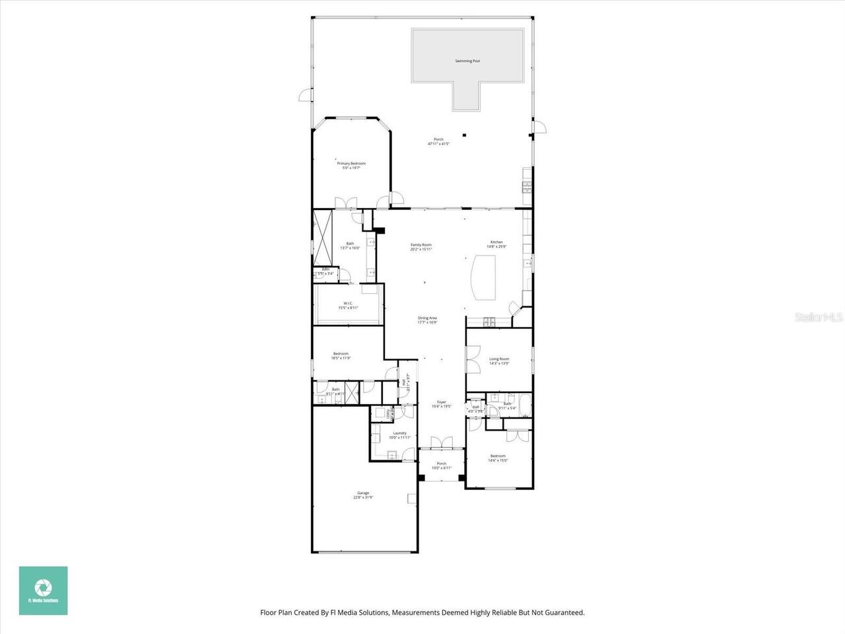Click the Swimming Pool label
coord(467,61)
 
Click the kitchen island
coord(485,277)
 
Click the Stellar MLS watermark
coord(819,318)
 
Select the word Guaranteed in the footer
coord(562,613)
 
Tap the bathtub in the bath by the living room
coord(525,405)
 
